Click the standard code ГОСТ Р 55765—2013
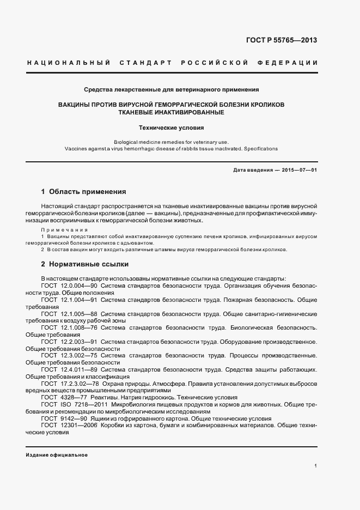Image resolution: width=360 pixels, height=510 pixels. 282,40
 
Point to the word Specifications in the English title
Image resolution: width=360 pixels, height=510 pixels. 260,148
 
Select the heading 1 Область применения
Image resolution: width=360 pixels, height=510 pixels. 84,192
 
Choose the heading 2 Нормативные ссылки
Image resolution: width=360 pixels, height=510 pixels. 85,264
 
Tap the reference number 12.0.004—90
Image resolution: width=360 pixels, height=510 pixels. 79,286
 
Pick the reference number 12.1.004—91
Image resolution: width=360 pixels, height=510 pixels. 79,300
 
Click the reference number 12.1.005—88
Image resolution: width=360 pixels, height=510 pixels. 79,314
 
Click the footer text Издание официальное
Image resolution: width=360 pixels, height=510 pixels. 57,455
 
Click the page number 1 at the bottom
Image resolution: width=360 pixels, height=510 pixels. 316,466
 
